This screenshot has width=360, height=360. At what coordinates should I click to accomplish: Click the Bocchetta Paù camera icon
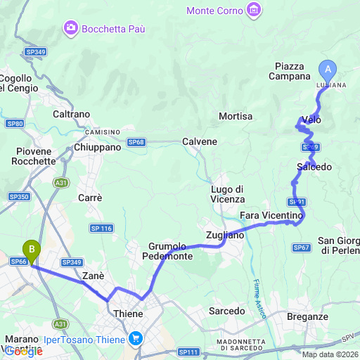click(70, 28)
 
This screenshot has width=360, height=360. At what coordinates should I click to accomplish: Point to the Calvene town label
click(200, 141)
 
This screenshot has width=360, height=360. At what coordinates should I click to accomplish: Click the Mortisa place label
click(236, 116)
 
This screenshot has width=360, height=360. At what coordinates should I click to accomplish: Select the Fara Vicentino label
click(271, 214)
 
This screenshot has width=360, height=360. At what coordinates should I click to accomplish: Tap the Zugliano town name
click(225, 236)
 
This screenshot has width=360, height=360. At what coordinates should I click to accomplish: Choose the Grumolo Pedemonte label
click(167, 251)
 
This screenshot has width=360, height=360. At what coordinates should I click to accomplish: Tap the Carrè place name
click(90, 198)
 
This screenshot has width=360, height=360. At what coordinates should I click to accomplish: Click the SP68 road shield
click(136, 142)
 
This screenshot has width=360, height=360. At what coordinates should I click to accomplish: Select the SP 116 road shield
click(101, 229)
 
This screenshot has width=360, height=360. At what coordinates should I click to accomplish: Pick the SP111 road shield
click(188, 352)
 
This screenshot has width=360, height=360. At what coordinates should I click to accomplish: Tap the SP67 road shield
click(302, 247)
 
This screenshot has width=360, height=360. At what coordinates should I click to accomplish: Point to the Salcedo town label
click(314, 167)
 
